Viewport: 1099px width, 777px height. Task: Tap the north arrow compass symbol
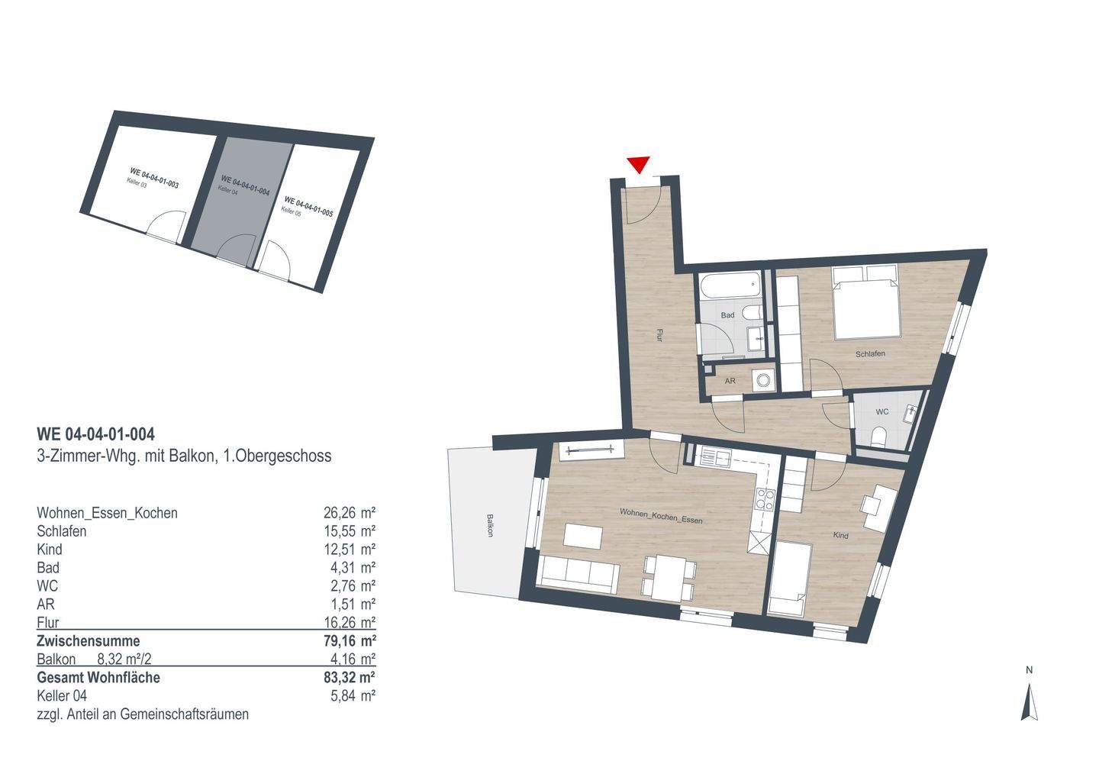point(1030,702)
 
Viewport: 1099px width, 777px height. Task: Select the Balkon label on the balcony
point(488,525)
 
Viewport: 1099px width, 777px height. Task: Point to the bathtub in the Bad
point(730,288)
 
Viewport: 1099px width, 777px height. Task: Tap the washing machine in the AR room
point(762,379)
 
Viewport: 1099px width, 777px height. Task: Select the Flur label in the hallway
point(658,335)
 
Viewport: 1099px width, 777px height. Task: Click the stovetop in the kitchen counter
point(764,501)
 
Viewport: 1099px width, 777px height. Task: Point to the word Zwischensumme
point(89,641)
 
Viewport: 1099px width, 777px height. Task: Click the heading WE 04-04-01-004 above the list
point(96,434)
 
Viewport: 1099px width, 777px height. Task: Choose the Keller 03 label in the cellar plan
point(137,182)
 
